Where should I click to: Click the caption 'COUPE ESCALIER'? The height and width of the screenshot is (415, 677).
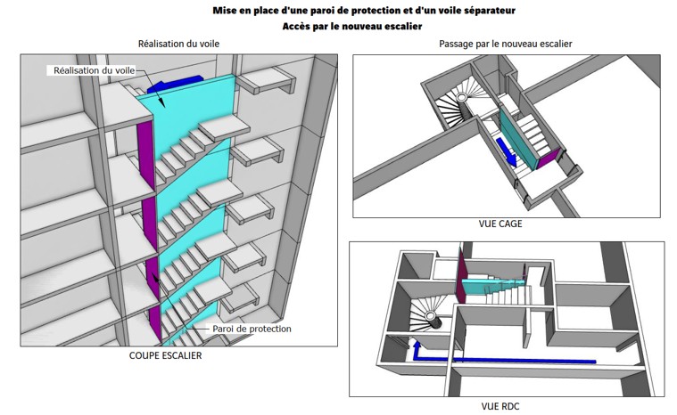(x=165, y=355)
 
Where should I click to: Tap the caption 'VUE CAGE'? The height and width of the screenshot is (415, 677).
(x=500, y=224)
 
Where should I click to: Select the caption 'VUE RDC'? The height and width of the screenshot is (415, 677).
(x=500, y=406)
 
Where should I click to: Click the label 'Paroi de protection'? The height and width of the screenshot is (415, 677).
(x=252, y=329)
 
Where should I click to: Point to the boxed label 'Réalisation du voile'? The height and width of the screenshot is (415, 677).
(x=95, y=70)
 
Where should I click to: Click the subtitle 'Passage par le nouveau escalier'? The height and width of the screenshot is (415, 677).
(x=505, y=44)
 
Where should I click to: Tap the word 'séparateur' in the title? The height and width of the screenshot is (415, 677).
(x=488, y=11)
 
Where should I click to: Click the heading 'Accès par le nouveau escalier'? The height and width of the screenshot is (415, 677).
(x=352, y=27)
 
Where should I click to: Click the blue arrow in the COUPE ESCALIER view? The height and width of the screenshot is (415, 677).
(x=175, y=84)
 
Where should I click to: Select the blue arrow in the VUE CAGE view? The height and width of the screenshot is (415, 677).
(x=507, y=151)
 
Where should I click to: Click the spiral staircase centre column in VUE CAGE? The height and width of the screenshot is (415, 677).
(x=462, y=104)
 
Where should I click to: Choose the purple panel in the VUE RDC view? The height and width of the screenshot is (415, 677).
(x=461, y=276)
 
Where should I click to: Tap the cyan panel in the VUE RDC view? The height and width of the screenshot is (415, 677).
(x=493, y=286)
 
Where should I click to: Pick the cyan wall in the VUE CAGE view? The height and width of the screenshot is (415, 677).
(x=518, y=138)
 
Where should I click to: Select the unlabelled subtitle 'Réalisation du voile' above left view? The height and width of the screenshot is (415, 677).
(x=178, y=44)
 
